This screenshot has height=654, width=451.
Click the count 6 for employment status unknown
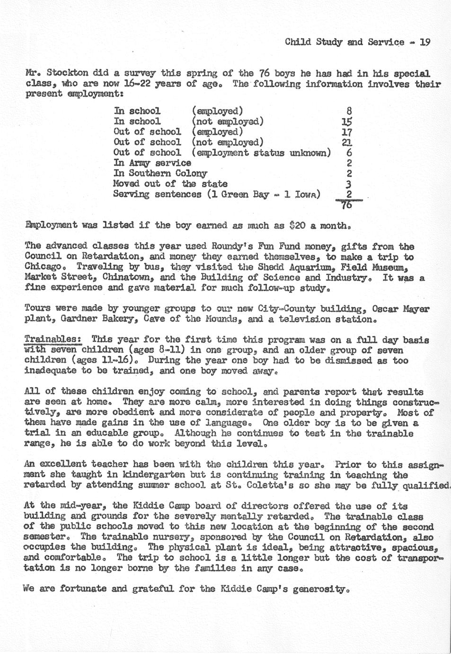pos(349,153)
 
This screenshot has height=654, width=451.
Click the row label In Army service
pos(152,163)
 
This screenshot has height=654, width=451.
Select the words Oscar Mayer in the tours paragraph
pos(400,309)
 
